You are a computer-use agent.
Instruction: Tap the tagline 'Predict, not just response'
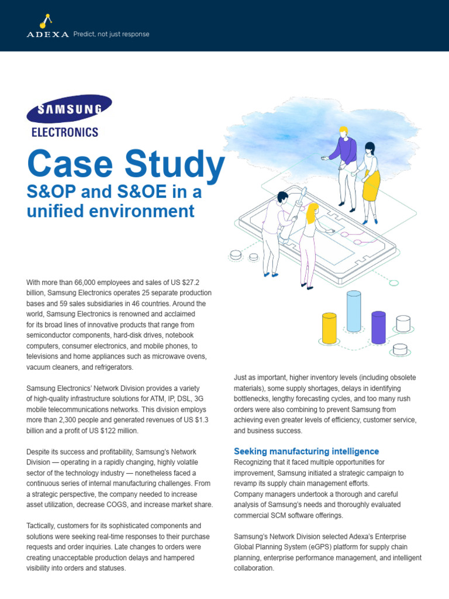111,34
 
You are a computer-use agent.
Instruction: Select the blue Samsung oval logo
69,109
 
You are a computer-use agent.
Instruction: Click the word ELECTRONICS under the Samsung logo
64,132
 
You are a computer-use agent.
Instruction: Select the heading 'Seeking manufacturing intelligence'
306,451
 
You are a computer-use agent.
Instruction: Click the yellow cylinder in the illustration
329,328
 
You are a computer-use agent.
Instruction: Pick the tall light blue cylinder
354,311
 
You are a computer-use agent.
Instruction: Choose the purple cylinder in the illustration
378,327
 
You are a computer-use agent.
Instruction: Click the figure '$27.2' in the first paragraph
189,282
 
